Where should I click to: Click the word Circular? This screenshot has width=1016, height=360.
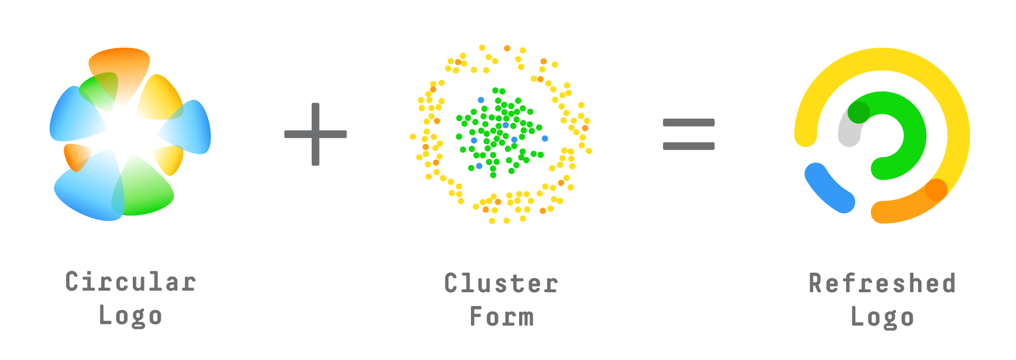131,282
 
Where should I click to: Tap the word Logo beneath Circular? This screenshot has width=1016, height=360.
130,316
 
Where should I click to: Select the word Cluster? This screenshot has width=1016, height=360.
501,283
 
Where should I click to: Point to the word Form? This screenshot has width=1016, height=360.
502,317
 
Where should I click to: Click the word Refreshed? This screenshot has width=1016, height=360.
882,283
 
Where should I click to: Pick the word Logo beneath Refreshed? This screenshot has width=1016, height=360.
882,317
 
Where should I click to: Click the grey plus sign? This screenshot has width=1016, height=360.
315,134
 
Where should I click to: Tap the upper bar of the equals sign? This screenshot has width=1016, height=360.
688,123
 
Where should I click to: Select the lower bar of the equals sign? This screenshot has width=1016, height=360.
688,146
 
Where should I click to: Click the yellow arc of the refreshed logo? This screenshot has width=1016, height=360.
882,60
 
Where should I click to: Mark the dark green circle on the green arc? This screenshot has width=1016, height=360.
858,112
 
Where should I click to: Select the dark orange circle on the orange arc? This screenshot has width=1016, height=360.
936,190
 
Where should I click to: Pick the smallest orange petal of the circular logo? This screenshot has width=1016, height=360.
76,156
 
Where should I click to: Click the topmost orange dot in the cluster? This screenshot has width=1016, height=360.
507,48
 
